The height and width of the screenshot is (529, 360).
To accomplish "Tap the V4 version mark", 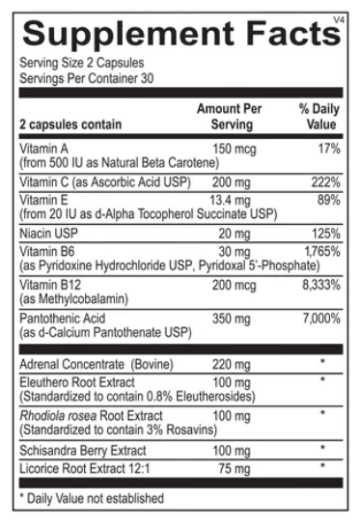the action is (x=338, y=15).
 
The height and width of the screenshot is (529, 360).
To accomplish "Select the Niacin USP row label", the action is (x=49, y=233).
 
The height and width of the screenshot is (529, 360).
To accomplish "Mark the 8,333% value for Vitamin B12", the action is (x=319, y=286).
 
